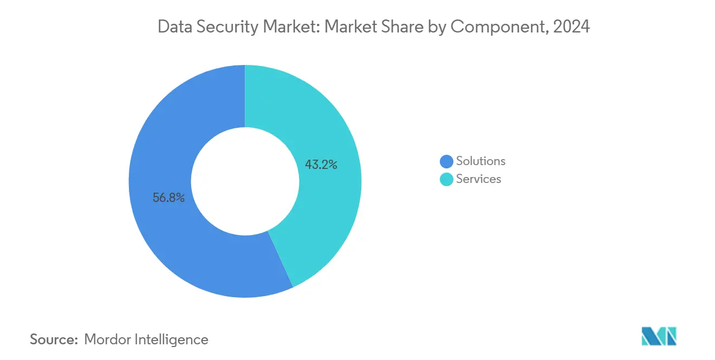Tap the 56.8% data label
pyautogui.click(x=168, y=198)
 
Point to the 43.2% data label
pyautogui.click(x=321, y=165)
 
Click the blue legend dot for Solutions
pyautogui.click(x=446, y=161)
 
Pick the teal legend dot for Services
pyautogui.click(x=446, y=179)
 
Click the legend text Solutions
pyautogui.click(x=480, y=161)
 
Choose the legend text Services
pyautogui.click(x=478, y=179)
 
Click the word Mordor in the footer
pyautogui.click(x=107, y=339)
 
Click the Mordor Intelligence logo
pyautogui.click(x=659, y=336)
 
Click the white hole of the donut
pyautogui.click(x=245, y=181)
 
